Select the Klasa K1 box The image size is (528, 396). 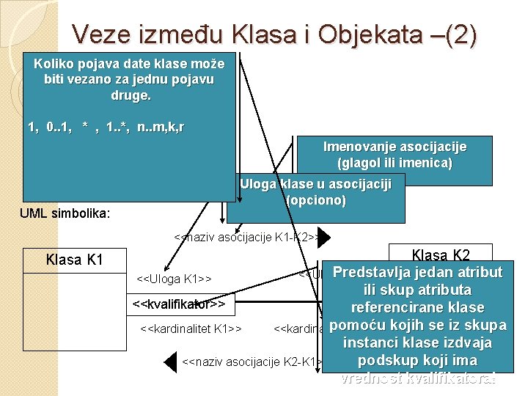[x=74, y=260]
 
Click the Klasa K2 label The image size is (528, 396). [x=441, y=255]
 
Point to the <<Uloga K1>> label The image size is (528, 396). [x=175, y=279]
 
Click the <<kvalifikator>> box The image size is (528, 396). [x=178, y=303]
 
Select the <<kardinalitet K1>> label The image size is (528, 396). [x=191, y=328]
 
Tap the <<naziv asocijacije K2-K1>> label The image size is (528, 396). [x=249, y=362]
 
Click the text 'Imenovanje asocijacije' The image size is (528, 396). [x=395, y=147]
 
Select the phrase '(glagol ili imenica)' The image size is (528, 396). [x=395, y=163]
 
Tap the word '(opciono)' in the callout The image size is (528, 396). [x=315, y=200]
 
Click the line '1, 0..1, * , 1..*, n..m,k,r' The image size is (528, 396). [x=106, y=128]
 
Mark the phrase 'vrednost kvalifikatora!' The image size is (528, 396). [x=419, y=378]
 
